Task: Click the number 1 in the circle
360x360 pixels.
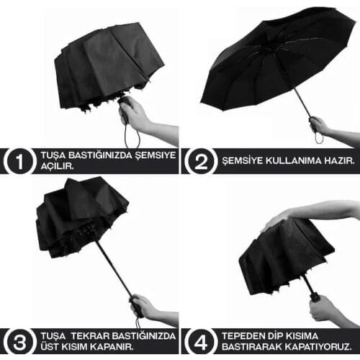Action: click(x=20, y=161)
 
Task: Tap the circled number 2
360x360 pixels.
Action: click(x=201, y=161)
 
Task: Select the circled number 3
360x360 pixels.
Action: click(x=20, y=342)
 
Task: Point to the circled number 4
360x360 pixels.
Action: click(x=201, y=342)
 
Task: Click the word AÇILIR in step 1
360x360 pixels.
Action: click(x=57, y=166)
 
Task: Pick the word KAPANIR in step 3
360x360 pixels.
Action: click(x=115, y=347)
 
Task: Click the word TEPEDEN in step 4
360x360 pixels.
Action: click(x=241, y=336)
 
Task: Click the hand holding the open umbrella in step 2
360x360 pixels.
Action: click(x=319, y=125)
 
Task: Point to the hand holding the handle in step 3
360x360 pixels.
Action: click(x=143, y=306)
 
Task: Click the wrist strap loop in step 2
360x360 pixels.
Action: click(x=319, y=138)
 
